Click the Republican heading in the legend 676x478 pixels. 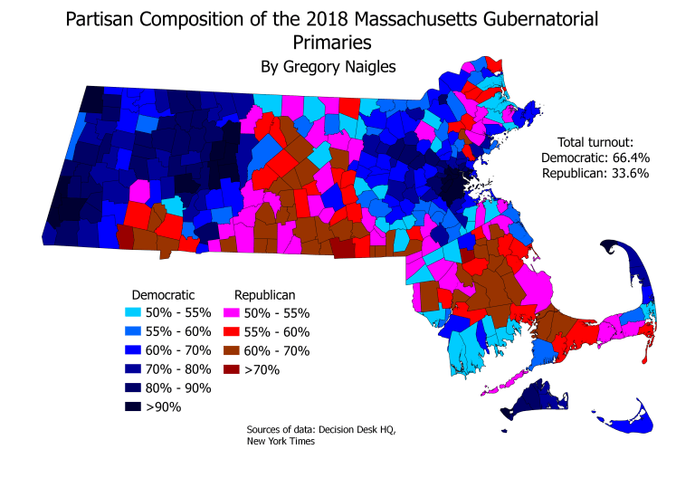tap(264, 294)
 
